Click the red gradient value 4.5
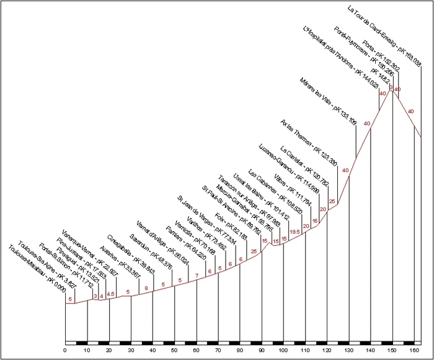[111, 294]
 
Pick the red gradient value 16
[315, 220]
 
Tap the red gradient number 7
[197, 276]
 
